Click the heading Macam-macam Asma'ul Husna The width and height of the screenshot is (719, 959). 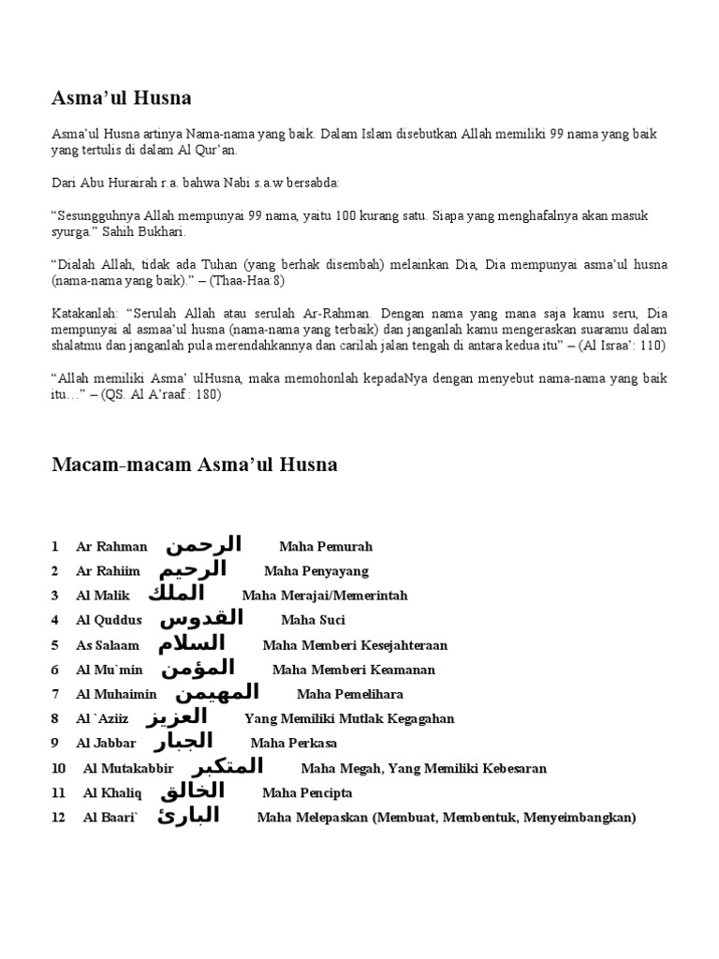(194, 465)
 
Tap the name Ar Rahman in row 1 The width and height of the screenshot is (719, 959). (111, 547)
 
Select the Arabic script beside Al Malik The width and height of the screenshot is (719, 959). (176, 594)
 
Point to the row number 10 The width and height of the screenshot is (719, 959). (59, 769)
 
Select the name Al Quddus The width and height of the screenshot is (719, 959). (109, 620)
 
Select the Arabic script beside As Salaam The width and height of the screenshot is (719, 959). (191, 643)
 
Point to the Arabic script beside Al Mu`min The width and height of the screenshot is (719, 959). (197, 668)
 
